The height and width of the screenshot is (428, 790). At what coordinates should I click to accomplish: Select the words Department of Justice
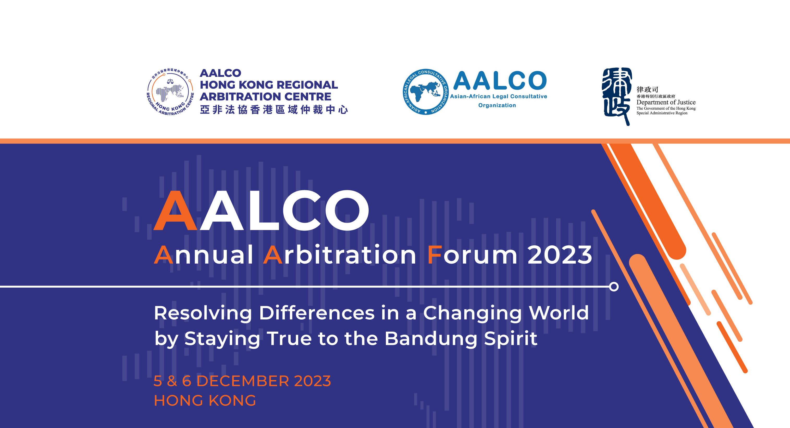coord(666,102)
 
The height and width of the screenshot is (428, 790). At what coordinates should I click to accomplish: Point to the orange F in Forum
coord(435,255)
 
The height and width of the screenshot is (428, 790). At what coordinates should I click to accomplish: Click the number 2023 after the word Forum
coord(560,255)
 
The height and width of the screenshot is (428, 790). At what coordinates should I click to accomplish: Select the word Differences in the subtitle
coord(317,313)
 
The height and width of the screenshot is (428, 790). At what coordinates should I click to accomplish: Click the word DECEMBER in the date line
coord(243,381)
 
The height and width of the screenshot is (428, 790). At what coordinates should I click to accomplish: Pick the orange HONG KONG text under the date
coord(205,400)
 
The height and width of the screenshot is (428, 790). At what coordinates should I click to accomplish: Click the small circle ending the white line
coord(614,287)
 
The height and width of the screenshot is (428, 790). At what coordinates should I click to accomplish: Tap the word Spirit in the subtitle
coord(511,338)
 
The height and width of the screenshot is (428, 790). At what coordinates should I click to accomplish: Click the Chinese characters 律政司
coord(647,89)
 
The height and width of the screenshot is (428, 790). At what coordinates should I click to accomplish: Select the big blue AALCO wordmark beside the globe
coord(500,80)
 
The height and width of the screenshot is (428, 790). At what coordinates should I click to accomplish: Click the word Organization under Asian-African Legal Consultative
coord(497,105)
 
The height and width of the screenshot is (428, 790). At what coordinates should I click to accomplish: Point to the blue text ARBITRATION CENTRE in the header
coord(266,96)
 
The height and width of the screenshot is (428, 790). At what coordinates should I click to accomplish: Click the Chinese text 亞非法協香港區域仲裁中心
coord(274,110)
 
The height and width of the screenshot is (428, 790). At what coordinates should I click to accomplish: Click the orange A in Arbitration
coord(273,255)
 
